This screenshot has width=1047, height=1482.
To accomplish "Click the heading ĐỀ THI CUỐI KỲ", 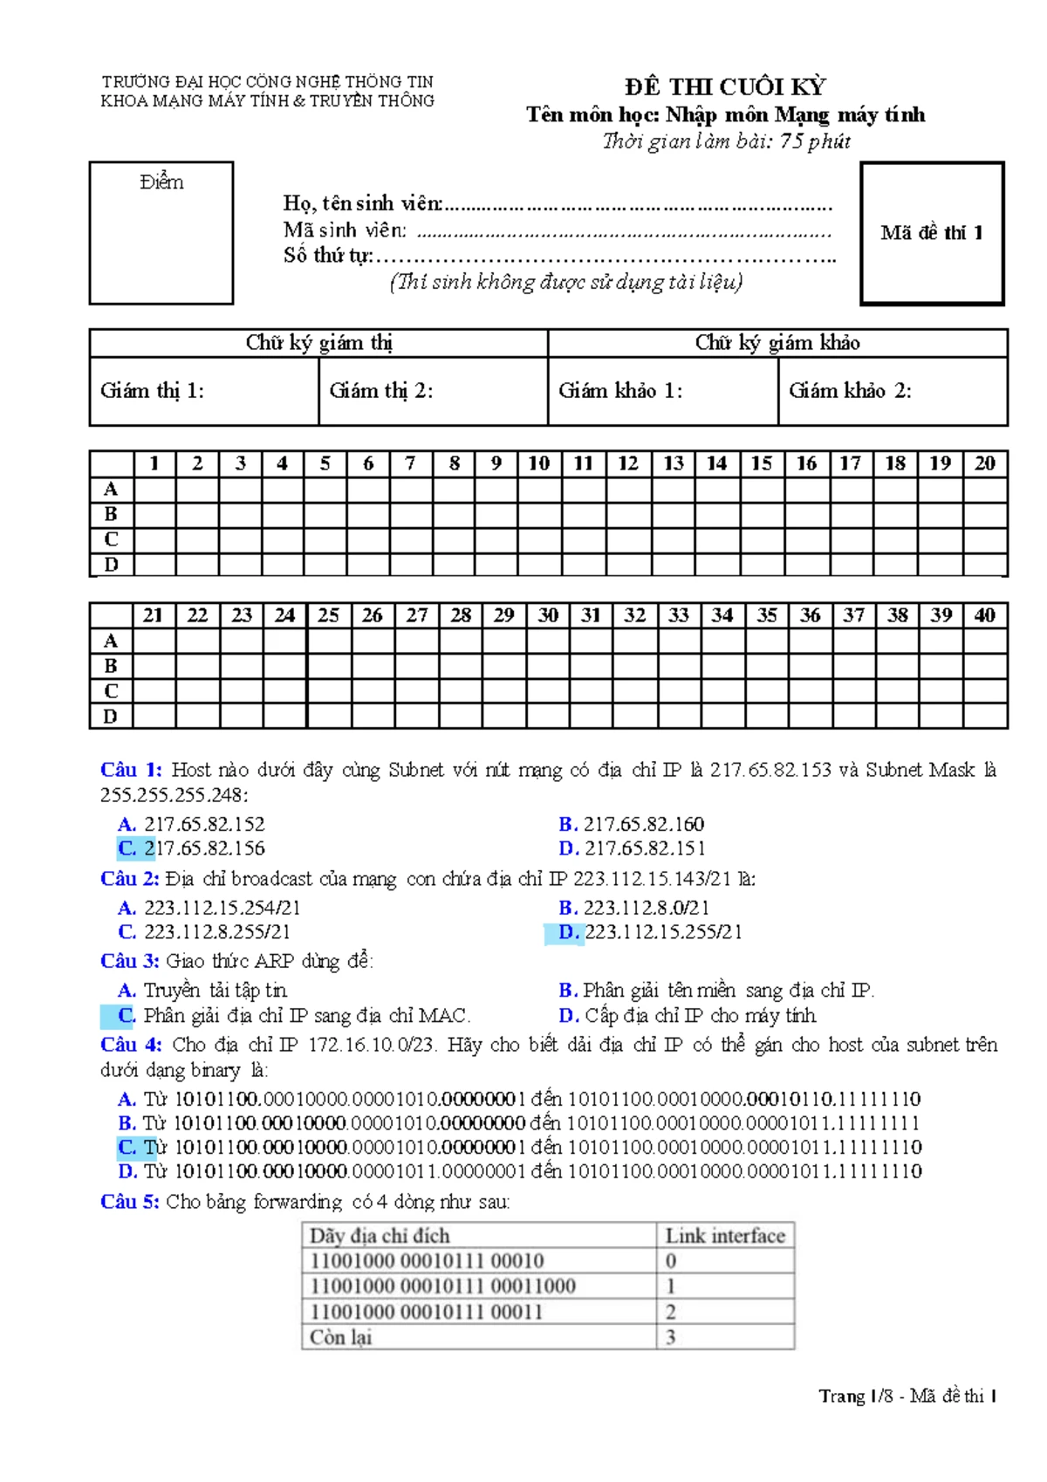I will coord(724,86).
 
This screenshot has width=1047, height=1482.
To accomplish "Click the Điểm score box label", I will coord(161,182).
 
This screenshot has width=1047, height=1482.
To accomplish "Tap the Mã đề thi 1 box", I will coord(932,233).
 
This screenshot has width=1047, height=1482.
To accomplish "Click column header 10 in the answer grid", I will coord(539,463).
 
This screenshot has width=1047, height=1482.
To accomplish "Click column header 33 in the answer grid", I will coord(678,615).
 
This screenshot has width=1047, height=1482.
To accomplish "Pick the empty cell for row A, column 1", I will coord(154,489).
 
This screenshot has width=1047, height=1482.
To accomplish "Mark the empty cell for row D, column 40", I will coord(985,717).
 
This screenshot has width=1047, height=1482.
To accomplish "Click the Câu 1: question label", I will coord(131,770).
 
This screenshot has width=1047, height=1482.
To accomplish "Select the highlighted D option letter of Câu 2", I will coord(568,932).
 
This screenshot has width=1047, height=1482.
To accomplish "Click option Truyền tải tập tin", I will coord(215,991).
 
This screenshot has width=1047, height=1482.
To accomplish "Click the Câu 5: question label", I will coord(130,1202).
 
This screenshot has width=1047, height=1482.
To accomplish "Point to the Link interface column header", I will coord(724,1236).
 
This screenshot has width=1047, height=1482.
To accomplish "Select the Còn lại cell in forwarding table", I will coord(341,1337).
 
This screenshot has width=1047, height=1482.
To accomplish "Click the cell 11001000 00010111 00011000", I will coord(442,1286).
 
